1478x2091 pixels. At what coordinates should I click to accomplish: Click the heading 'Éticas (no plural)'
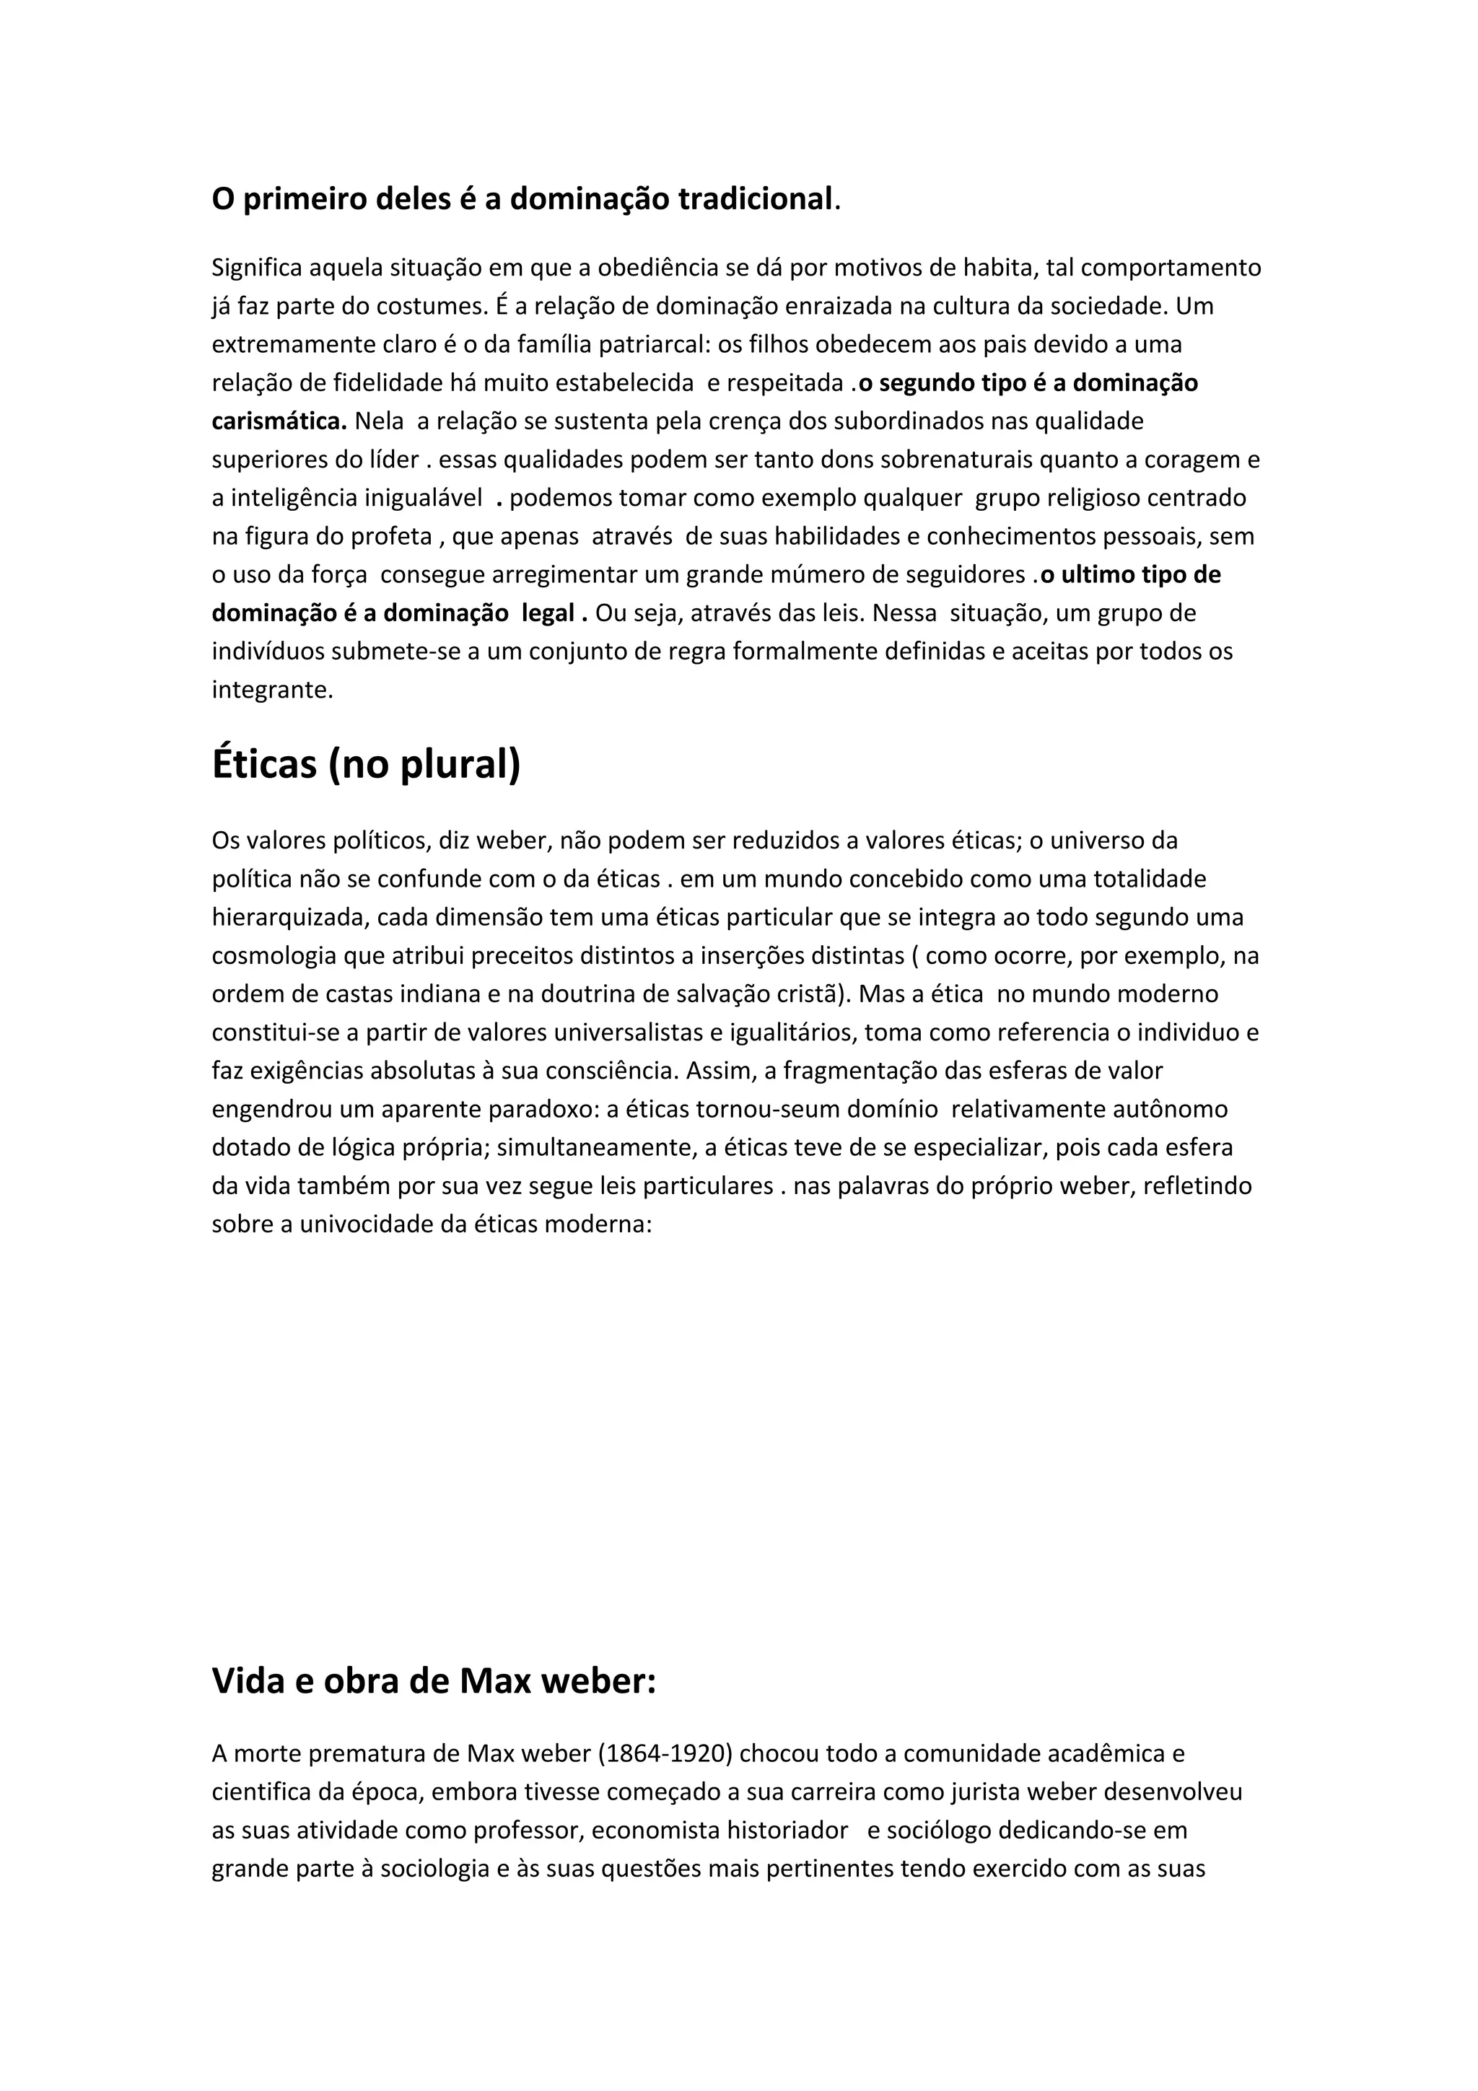pos(366,763)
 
